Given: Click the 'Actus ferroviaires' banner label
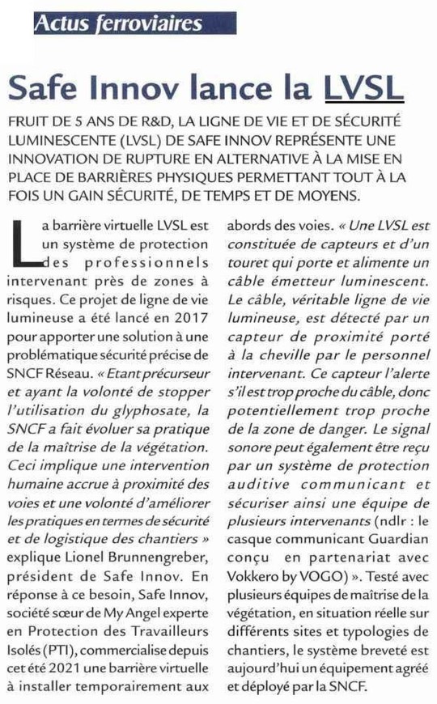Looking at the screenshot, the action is [118, 23].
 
